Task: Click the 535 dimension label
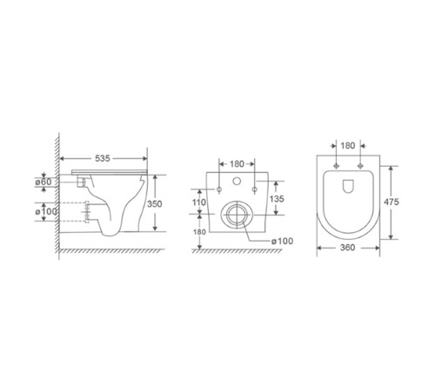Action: (103, 158)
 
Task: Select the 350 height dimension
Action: (154, 204)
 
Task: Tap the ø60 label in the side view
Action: (43, 182)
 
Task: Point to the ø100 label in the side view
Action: (46, 212)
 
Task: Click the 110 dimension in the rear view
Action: (199, 202)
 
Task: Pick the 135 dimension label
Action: (277, 199)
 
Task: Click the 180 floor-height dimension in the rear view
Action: (199, 232)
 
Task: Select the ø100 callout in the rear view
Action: (282, 241)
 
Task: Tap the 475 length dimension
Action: (391, 202)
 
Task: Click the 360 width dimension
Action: (347, 248)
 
